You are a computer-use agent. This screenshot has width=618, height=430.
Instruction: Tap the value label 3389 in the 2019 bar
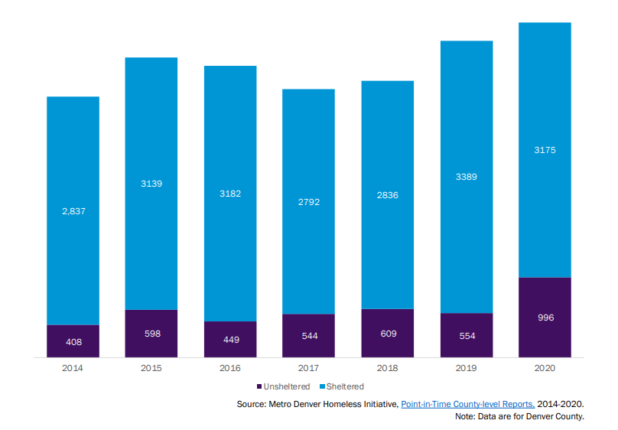pos(467,177)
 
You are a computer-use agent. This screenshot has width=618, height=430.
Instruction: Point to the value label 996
pos(545,318)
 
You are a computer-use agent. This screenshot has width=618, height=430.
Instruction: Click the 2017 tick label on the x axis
pos(309,368)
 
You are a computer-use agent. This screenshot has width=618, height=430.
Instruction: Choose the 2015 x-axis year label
pos(151,368)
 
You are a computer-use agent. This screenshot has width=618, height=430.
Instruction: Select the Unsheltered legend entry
pos(282,386)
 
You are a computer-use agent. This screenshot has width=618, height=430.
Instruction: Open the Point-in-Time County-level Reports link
pos(467,403)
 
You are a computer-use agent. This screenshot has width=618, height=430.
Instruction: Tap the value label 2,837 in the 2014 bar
pos(73,210)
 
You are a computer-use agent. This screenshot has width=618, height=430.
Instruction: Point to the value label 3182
pos(230,194)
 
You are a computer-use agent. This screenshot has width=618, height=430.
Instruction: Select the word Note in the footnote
pos(464,416)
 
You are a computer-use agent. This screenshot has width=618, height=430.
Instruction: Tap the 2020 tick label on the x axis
pos(545,368)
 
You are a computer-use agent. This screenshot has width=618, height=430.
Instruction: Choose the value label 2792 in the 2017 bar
pos(309,202)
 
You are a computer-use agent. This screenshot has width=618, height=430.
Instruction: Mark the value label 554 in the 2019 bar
pos(467,336)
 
